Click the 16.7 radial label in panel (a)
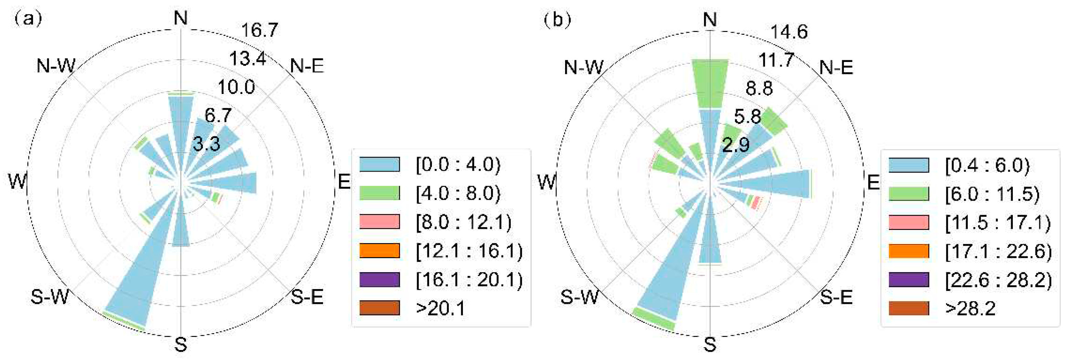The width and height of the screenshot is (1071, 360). [260, 30]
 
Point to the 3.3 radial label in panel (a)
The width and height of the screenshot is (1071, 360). [206, 144]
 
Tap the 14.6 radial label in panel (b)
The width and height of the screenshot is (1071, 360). [789, 32]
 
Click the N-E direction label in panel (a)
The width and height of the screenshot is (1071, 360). [307, 66]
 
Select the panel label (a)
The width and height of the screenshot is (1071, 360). [28, 19]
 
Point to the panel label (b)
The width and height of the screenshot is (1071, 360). [557, 20]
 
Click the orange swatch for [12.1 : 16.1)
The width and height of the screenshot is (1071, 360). [379, 251]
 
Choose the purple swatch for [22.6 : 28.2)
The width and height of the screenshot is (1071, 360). [909, 279]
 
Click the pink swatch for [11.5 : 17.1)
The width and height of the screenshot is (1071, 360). [909, 222]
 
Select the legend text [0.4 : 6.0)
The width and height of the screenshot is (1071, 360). [987, 165]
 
